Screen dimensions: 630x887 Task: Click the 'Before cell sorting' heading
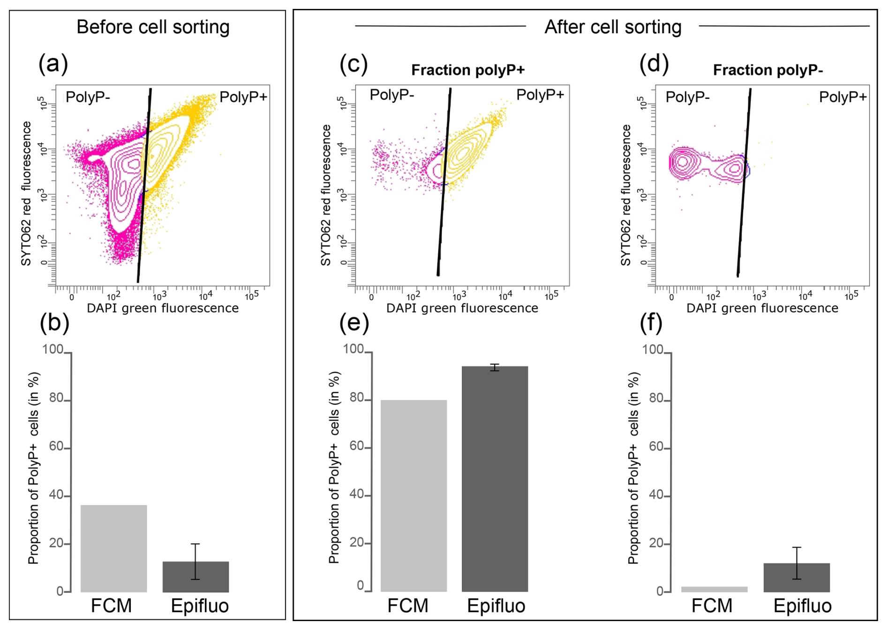click(x=153, y=27)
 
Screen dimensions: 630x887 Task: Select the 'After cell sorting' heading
click(x=613, y=27)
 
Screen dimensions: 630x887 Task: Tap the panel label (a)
click(x=53, y=64)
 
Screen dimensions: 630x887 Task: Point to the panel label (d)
click(x=654, y=64)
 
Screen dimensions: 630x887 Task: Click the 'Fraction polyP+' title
click(x=468, y=70)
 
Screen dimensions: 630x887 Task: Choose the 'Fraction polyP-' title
click(x=768, y=70)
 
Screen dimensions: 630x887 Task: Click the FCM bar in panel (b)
click(x=113, y=548)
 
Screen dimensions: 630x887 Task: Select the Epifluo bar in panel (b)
click(x=195, y=577)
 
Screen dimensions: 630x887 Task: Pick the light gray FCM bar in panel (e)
click(x=413, y=495)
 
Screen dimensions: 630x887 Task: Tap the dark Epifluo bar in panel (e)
click(x=495, y=479)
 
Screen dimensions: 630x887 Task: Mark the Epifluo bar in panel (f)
click(x=797, y=577)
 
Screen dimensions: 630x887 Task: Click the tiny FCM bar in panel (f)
click(x=714, y=589)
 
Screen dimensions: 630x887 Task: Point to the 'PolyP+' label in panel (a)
click(x=243, y=97)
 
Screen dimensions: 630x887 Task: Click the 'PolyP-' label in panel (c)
click(x=392, y=95)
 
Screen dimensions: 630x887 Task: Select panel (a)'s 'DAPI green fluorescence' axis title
click(x=163, y=308)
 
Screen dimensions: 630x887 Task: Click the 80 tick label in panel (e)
click(x=357, y=398)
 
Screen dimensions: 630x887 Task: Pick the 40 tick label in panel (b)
click(x=56, y=495)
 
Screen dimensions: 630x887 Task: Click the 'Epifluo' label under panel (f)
click(x=802, y=606)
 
